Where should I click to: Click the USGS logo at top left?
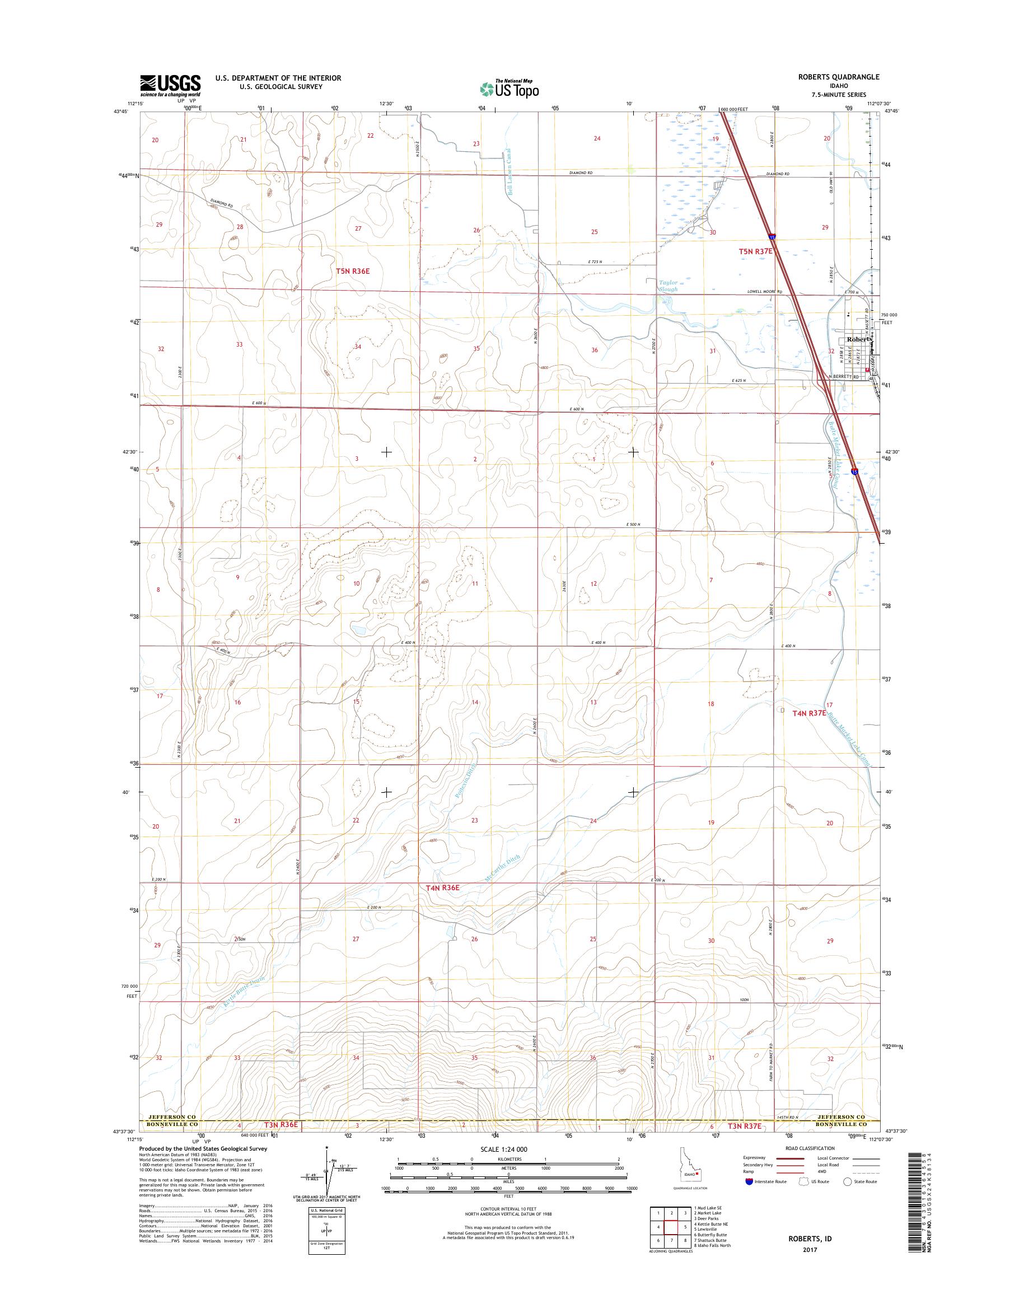[170, 86]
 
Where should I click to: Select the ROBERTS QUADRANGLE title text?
[838, 77]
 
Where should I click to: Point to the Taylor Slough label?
[668, 286]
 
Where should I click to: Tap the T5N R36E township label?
[353, 271]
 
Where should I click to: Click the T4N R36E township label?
[443, 905]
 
